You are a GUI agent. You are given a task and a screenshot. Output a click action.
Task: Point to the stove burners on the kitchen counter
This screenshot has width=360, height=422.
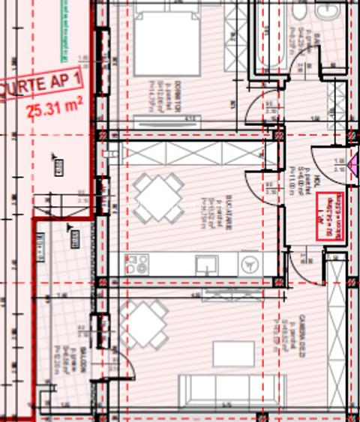(138, 263)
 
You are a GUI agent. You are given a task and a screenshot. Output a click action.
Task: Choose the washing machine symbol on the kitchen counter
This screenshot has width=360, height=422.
(250, 263)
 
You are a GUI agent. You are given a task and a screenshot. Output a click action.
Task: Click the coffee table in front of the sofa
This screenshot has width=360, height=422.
(232, 353)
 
